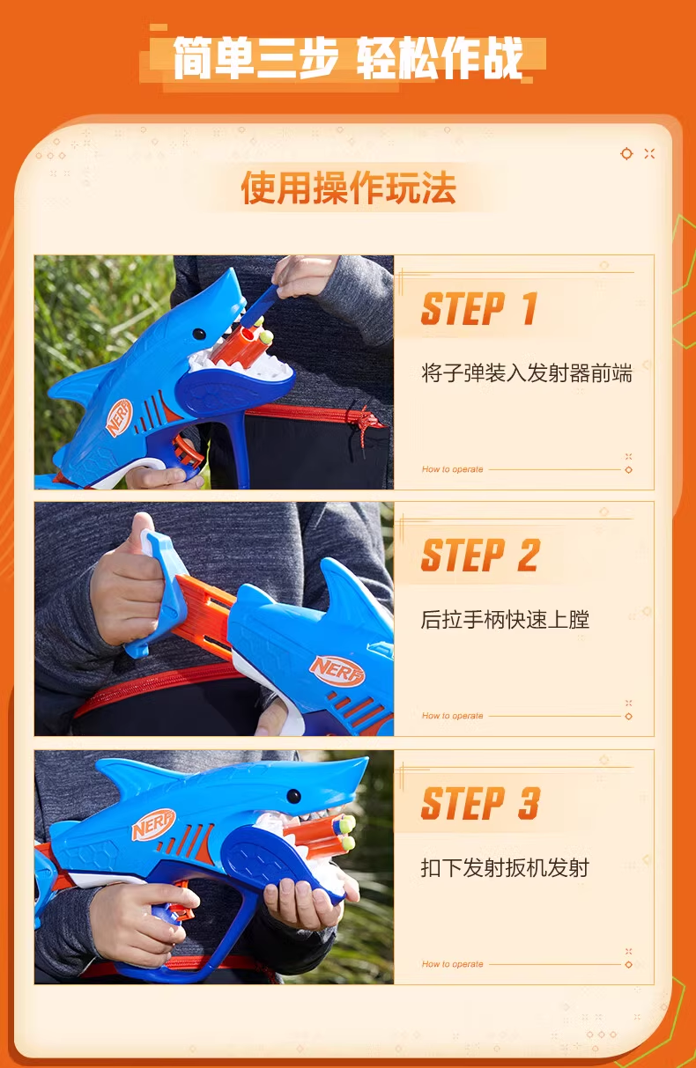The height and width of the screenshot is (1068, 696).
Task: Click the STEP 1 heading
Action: (479, 309)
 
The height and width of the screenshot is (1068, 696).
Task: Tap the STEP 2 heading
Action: (481, 556)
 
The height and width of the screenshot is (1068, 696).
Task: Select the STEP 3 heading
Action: (481, 803)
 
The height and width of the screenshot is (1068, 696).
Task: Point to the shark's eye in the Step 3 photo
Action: (294, 796)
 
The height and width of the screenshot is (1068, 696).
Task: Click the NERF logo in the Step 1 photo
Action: (119, 417)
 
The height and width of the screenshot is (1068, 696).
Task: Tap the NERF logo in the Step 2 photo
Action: (337, 671)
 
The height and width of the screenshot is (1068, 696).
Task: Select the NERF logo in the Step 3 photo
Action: (153, 824)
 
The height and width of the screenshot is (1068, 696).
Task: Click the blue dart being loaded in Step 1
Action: (260, 306)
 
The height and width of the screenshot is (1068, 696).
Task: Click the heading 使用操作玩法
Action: (349, 188)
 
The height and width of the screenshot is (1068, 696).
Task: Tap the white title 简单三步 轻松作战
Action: (348, 58)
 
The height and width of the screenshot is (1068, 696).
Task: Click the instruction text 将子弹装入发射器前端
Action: (527, 373)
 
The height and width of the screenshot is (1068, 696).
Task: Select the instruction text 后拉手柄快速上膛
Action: (505, 620)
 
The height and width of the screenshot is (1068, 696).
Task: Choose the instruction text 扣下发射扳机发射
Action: (505, 868)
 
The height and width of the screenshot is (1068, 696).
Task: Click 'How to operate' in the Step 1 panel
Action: (452, 469)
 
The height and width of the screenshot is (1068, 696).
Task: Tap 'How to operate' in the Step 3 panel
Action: (452, 964)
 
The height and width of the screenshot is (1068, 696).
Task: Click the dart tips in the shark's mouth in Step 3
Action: (347, 832)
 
